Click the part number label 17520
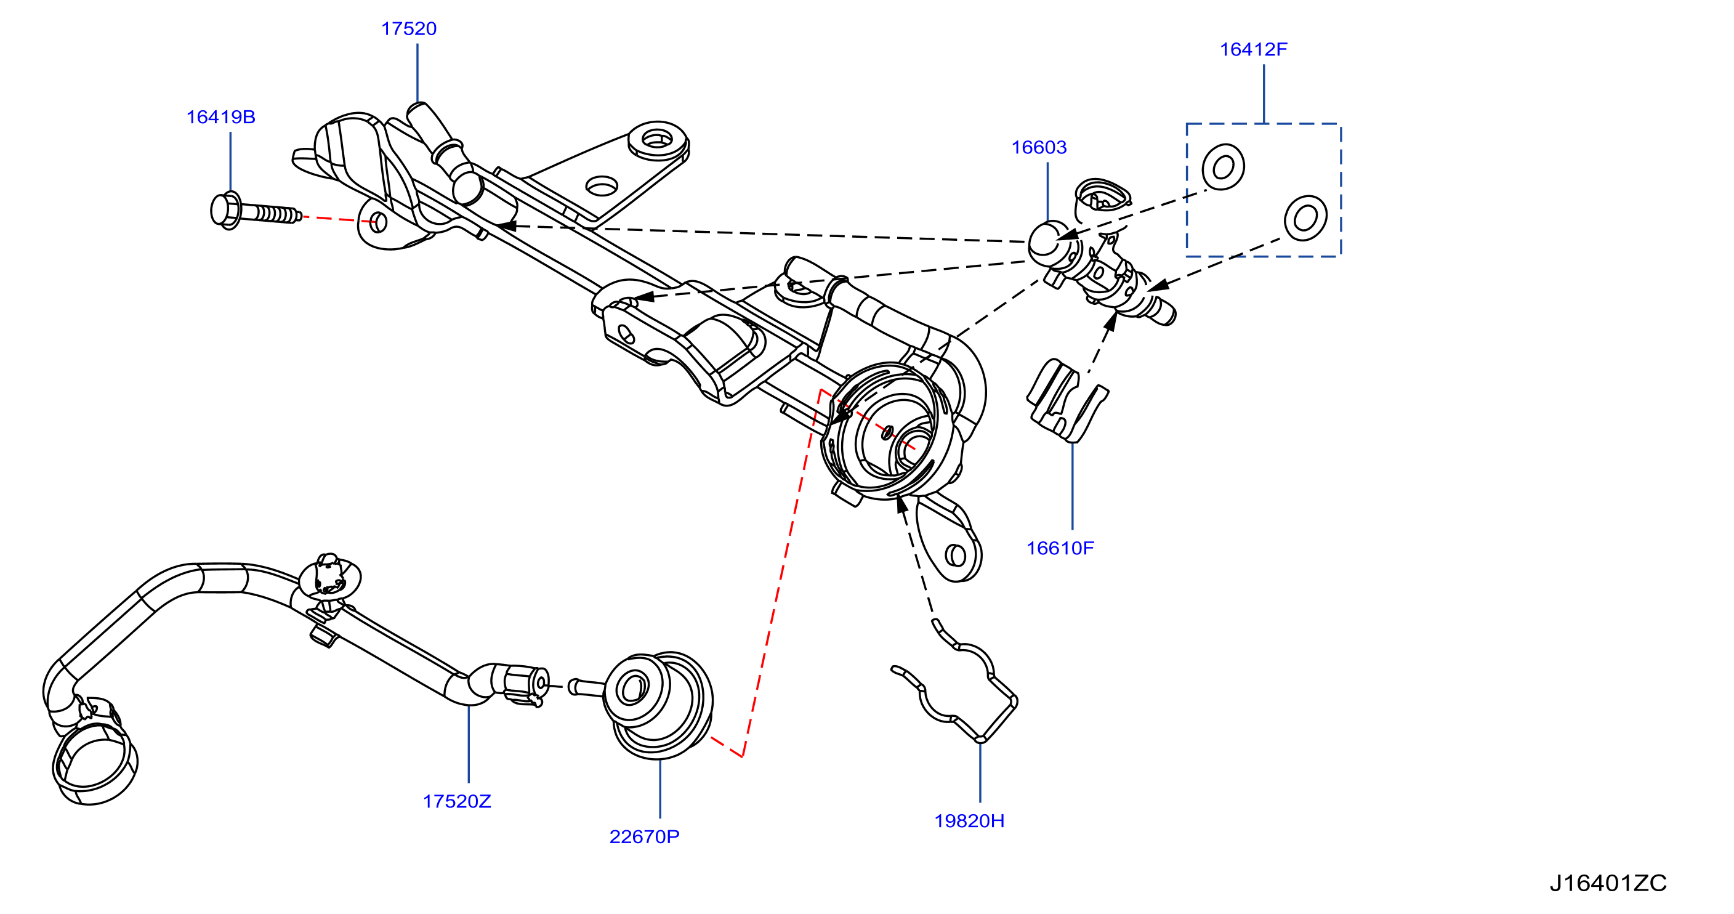click(x=409, y=29)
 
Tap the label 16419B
click(x=221, y=117)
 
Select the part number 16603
click(x=1039, y=147)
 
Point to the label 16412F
click(x=1253, y=49)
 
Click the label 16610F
click(x=1060, y=548)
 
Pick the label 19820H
click(x=969, y=820)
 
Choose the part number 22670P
click(x=644, y=836)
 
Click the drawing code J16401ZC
click(x=1608, y=883)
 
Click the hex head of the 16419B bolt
click(x=226, y=211)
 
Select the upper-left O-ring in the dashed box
click(x=1223, y=167)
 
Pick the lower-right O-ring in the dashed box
click(x=1305, y=218)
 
